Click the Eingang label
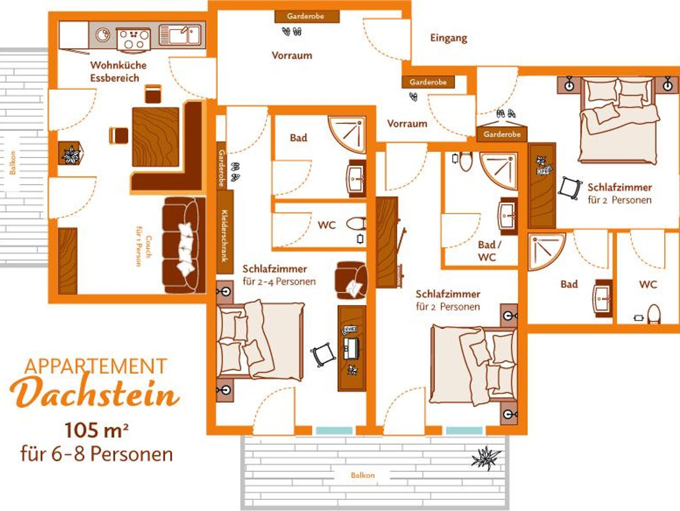coord(449,38)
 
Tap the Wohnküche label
coord(118,65)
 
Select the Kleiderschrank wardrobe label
coord(224,236)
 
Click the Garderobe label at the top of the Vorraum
coord(305,16)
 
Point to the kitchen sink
coord(180,35)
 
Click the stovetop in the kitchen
coord(133,41)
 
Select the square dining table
coord(155,137)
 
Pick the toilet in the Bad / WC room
coord(465,161)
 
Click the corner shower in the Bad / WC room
coord(499,171)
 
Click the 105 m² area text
coord(97,430)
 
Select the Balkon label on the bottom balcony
coord(363,475)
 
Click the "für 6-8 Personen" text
coord(97,454)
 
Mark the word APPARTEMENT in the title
coord(95,366)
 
